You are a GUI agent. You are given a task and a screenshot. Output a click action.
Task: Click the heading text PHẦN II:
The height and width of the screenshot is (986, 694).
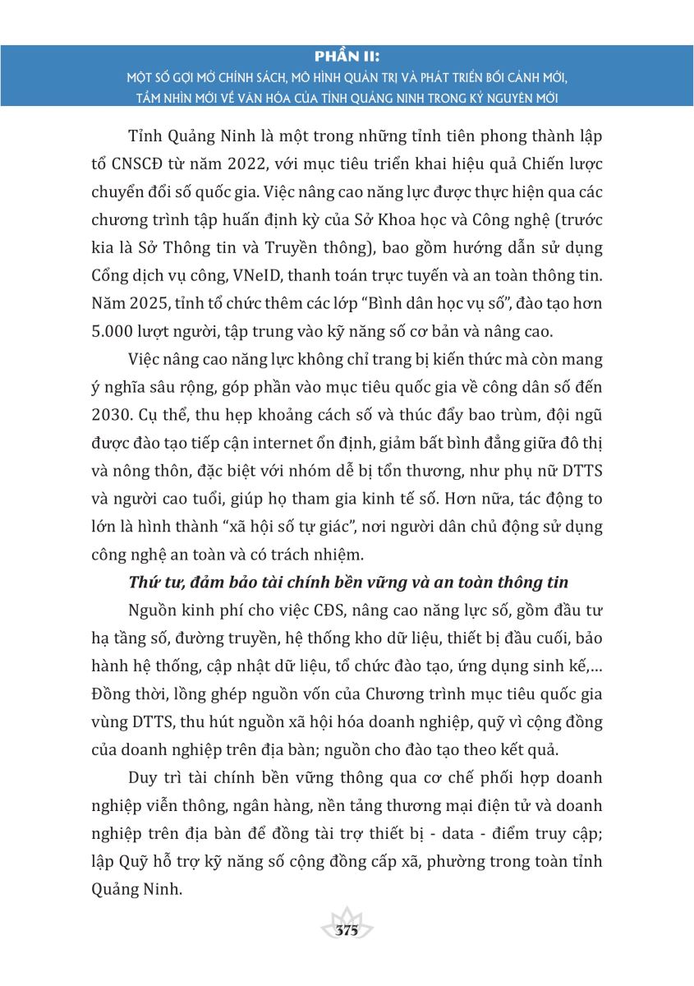[x=347, y=56]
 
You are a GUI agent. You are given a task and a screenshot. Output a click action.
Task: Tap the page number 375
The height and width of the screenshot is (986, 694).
[x=347, y=931]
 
